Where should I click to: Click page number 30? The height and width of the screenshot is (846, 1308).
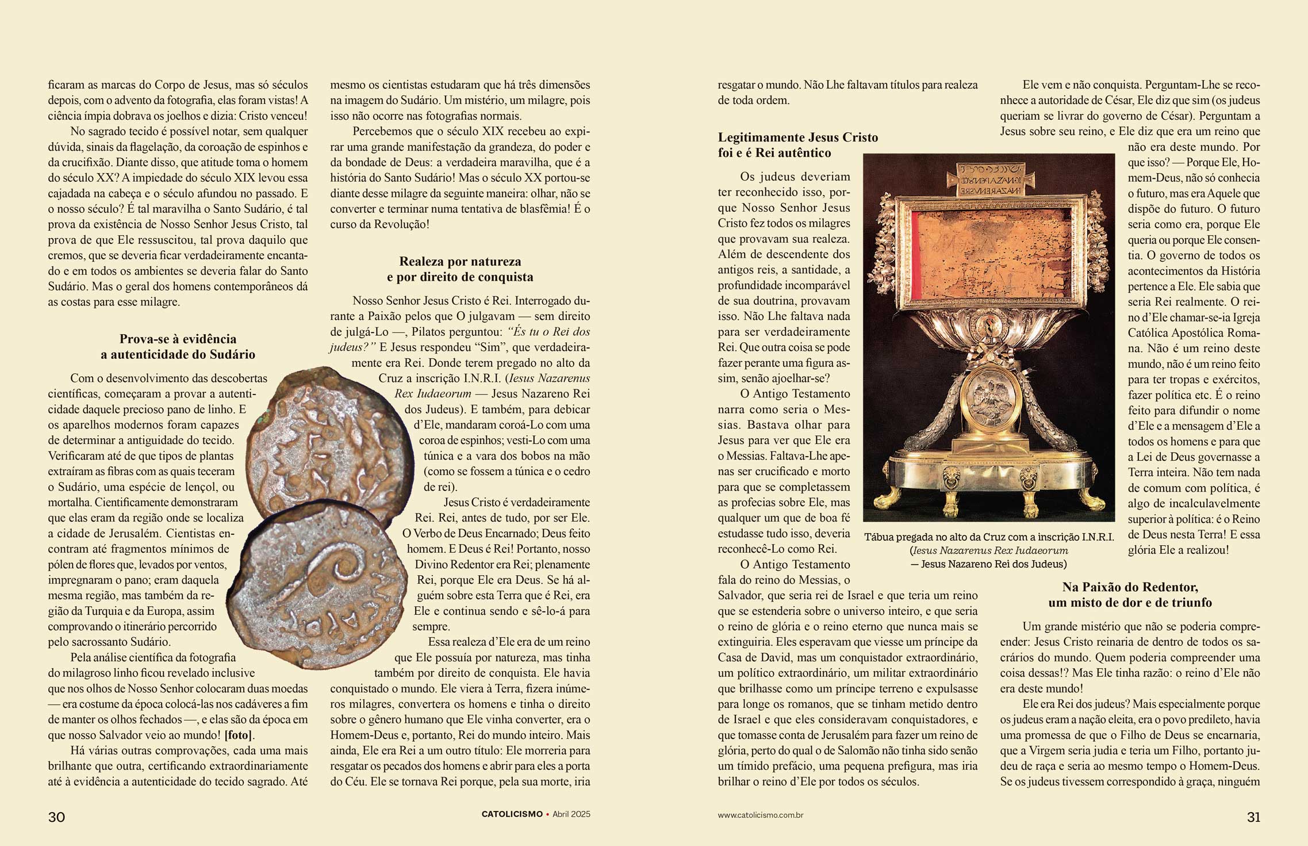pyautogui.click(x=56, y=817)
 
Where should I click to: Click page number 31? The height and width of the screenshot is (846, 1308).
pyautogui.click(x=1253, y=817)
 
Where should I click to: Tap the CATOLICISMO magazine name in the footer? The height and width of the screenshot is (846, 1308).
pyautogui.click(x=512, y=814)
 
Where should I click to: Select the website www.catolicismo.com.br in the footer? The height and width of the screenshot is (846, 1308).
pyautogui.click(x=760, y=815)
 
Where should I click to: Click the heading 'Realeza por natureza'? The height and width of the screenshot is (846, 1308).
pyautogui.click(x=460, y=261)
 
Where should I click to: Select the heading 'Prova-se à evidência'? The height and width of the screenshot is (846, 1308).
pyautogui.click(x=178, y=339)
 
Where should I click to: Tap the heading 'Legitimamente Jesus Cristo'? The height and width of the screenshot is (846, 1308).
pyautogui.click(x=798, y=137)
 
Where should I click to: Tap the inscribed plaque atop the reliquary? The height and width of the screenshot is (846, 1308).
pyautogui.click(x=988, y=180)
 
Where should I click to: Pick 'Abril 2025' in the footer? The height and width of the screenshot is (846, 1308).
pyautogui.click(x=571, y=814)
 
